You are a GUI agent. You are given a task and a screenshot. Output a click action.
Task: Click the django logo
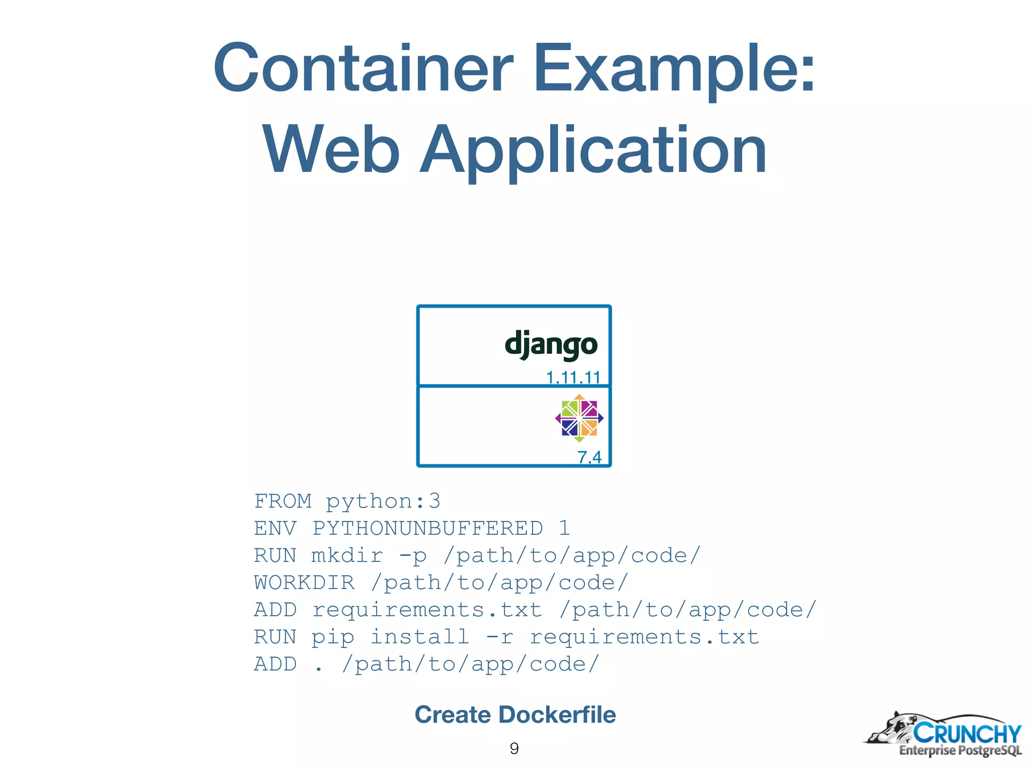click(x=551, y=345)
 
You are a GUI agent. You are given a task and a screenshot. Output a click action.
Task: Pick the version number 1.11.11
click(x=573, y=377)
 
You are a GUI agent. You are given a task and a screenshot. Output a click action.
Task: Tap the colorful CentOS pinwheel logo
click(x=579, y=418)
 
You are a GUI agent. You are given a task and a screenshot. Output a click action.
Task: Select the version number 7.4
click(x=589, y=457)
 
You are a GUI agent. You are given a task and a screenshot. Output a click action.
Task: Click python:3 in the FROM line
click(x=383, y=501)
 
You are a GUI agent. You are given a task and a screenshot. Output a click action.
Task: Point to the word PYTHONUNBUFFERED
click(x=427, y=528)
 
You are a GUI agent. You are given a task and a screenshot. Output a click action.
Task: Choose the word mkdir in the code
click(x=347, y=555)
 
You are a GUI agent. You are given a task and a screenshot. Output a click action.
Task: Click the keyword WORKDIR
click(x=304, y=583)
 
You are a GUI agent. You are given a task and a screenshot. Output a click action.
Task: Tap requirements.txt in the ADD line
click(x=427, y=610)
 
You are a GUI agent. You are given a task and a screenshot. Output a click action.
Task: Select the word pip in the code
click(x=332, y=637)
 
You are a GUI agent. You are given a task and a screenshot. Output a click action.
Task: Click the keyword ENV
click(x=275, y=528)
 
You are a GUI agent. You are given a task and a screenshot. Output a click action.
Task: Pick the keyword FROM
click(x=283, y=501)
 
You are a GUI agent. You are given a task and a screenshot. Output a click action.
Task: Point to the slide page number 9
click(x=514, y=748)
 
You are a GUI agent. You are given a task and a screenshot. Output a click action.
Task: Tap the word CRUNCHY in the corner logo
click(x=967, y=733)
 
